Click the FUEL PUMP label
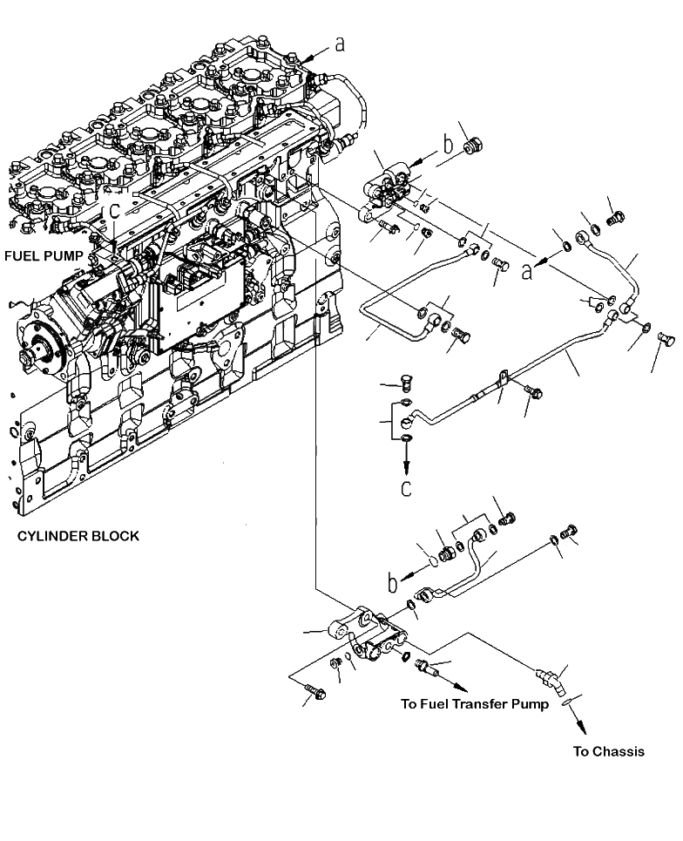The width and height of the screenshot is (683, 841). pos(44,256)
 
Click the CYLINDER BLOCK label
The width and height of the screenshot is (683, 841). pos(78,536)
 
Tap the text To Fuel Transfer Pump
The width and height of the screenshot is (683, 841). pos(475,703)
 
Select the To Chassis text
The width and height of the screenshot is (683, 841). pos(608,751)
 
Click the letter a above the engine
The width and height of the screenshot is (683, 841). pos(340,44)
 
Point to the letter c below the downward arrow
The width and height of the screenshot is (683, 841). pos(406,487)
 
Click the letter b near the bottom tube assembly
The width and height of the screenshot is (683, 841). pos(393,583)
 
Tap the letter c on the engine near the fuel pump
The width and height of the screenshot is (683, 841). pos(113,211)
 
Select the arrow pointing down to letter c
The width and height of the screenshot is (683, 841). pos(406,457)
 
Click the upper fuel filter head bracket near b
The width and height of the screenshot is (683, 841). pos(387,187)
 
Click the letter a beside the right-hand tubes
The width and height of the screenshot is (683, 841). pos(528,272)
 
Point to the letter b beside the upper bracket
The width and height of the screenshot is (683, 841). pos(448,144)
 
